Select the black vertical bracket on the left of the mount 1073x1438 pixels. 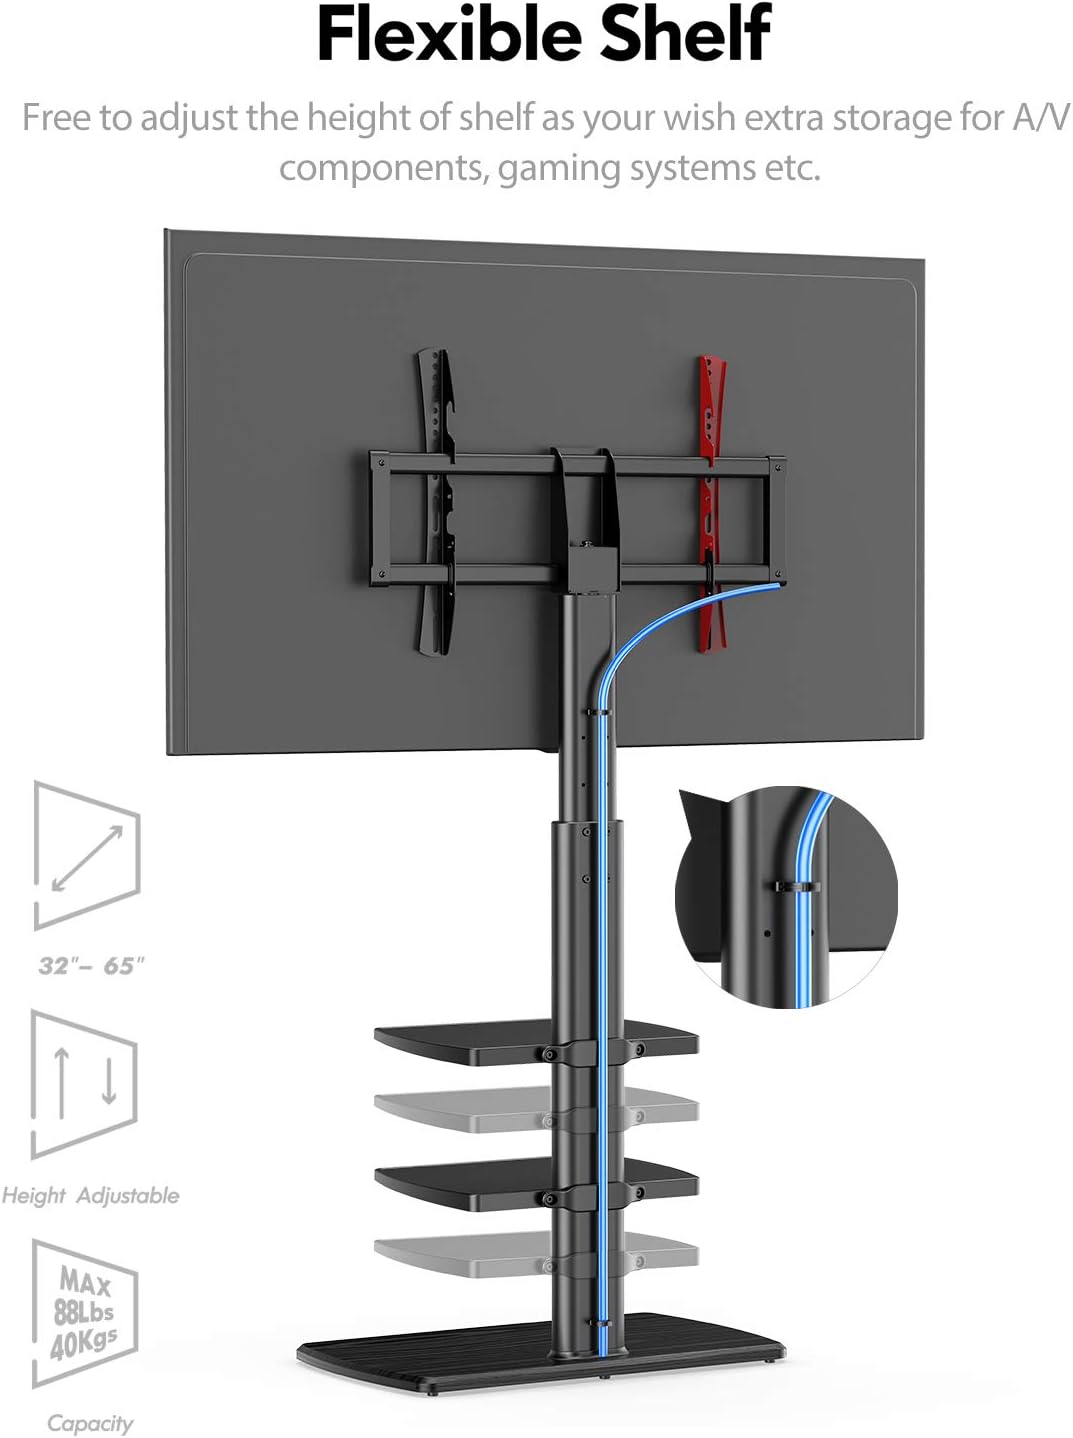pyautogui.click(x=436, y=502)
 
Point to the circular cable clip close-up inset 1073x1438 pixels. pyautogui.click(x=786, y=897)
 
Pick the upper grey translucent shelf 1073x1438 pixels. pyautogui.click(x=536, y=1110)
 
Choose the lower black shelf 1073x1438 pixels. pyautogui.click(x=536, y=1183)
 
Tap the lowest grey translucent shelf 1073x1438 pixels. pyautogui.click(x=536, y=1255)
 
